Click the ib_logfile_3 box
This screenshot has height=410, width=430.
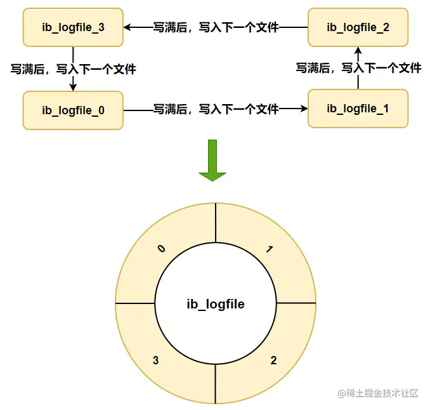pos(72,27)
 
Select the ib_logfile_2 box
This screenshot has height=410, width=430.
pos(358,27)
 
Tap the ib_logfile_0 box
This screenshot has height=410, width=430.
pos(72,110)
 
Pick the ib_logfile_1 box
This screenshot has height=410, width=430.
pos(358,109)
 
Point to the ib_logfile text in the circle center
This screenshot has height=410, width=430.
pos(216,304)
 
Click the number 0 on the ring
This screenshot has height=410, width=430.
pos(161,249)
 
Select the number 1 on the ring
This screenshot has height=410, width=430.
pos(270,249)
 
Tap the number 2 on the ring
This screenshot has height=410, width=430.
pos(273,360)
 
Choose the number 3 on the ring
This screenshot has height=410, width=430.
pos(155,360)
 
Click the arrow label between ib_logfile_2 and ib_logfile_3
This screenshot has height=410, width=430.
pos(216,27)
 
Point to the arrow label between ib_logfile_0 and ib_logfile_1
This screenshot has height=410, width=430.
pos(216,109)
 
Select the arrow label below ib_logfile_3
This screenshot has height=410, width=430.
pos(73,69)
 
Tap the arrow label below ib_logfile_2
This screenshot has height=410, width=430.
pos(358,67)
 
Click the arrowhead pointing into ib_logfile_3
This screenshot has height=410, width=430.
pos(127,27)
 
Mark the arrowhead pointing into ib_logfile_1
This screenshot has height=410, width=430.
pos(303,109)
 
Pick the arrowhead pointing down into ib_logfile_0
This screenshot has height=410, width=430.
pos(73,87)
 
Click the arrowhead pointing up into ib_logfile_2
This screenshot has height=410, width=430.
pos(358,50)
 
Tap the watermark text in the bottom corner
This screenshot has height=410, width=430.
pos(378,393)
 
